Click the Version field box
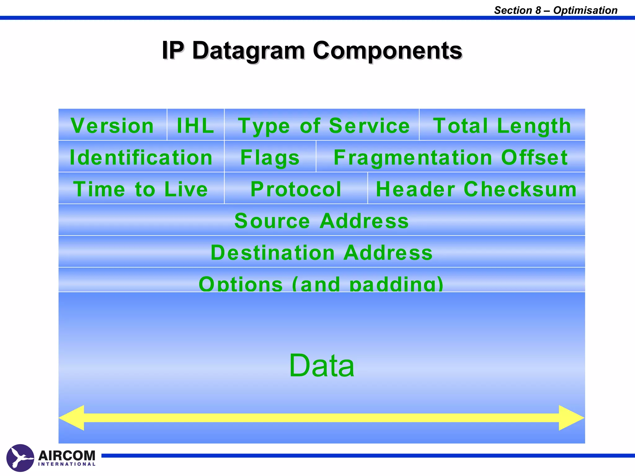(x=113, y=125)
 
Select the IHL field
(x=195, y=125)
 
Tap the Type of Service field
(x=322, y=125)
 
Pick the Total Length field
(x=502, y=125)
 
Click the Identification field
(x=141, y=157)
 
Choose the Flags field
(x=270, y=157)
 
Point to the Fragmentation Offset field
(x=451, y=157)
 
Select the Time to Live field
(x=141, y=188)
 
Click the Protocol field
(x=296, y=188)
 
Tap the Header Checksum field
(x=476, y=188)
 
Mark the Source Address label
(x=322, y=221)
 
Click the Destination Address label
(x=322, y=252)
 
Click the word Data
(x=322, y=366)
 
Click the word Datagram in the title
(x=248, y=51)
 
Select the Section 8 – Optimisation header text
(x=555, y=10)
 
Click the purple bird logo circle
(x=20, y=458)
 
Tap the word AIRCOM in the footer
(x=67, y=455)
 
